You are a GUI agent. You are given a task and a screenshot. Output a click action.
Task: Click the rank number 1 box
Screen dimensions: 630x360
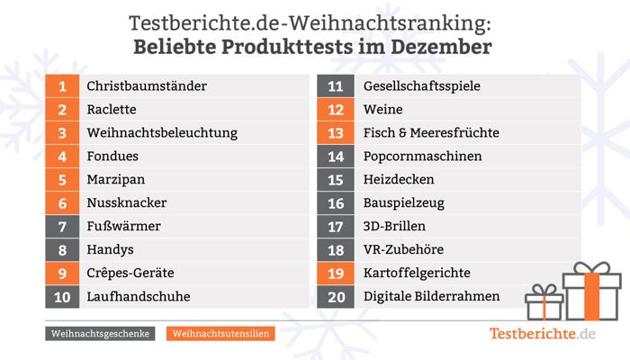point(62,86)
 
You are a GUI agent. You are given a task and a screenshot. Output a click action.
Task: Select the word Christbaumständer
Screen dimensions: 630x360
point(147,86)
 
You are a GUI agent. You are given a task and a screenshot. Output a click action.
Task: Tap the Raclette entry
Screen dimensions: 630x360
point(112,109)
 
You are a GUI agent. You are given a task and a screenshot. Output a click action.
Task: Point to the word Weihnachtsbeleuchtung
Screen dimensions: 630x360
point(162,133)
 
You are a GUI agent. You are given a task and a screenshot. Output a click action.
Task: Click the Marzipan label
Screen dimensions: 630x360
point(116,180)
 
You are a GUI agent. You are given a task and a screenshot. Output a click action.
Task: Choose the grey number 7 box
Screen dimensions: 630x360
point(62,227)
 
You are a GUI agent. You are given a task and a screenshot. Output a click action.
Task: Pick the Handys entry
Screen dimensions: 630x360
point(110,250)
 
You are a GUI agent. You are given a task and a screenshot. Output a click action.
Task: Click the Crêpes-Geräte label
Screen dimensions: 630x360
point(130,274)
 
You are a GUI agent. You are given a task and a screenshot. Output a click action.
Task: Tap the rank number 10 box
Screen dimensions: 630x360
point(62,297)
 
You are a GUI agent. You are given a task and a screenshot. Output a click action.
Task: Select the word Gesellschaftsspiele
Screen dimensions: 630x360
point(422,86)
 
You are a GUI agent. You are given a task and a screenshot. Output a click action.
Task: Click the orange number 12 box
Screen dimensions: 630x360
point(336,109)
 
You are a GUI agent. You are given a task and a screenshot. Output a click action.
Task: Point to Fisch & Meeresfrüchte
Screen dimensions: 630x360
point(431,132)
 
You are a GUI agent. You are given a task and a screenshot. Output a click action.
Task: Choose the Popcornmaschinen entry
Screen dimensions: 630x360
point(422,157)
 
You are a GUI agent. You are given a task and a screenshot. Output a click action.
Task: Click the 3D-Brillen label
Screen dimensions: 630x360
point(394,226)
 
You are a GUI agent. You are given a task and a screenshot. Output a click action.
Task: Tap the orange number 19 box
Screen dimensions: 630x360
point(336,274)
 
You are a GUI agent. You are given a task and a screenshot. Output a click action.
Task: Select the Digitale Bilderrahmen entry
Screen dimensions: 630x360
point(431,296)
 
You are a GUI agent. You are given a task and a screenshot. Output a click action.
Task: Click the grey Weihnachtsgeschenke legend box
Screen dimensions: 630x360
point(100,334)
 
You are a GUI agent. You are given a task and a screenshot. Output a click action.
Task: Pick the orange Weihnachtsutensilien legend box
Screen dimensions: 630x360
point(220,334)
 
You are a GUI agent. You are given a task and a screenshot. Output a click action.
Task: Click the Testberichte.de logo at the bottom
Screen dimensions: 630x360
point(542,334)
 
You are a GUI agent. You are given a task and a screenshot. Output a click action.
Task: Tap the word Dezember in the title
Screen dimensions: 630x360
point(441,47)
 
